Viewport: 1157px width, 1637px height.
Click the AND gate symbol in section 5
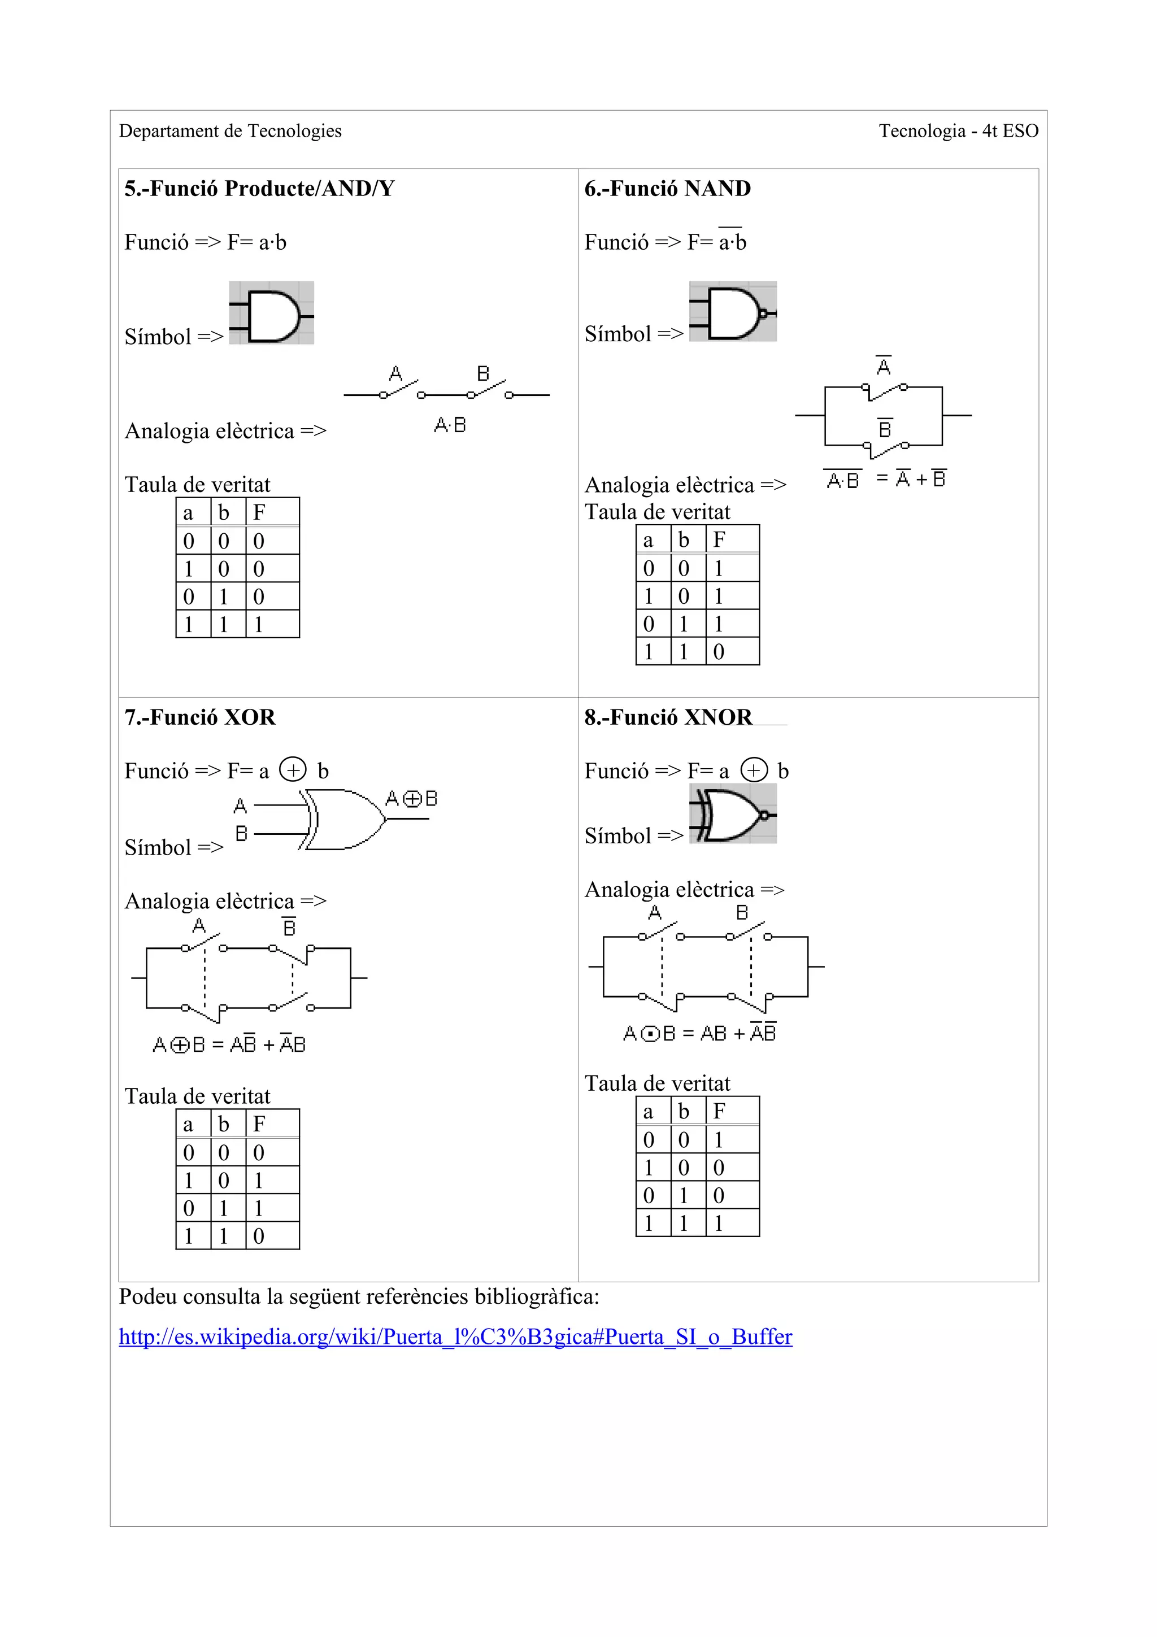click(x=272, y=313)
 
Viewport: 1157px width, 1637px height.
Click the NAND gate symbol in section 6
click(x=733, y=312)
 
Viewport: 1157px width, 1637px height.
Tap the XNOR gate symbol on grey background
click(x=733, y=813)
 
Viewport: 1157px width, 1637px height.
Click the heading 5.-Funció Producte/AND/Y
click(x=259, y=188)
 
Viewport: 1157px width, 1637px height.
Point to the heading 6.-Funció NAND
click(x=667, y=188)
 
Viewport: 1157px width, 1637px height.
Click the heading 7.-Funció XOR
click(x=199, y=717)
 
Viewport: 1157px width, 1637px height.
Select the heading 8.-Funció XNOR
click(x=668, y=717)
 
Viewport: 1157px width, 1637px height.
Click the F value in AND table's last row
click(x=259, y=625)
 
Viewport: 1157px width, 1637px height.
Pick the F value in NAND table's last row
click(x=719, y=652)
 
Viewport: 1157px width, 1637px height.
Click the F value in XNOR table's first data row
click(x=719, y=1139)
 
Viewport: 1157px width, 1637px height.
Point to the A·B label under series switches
click(x=450, y=426)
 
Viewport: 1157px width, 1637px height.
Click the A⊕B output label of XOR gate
click(x=411, y=799)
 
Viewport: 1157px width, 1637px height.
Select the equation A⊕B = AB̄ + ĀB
click(x=229, y=1044)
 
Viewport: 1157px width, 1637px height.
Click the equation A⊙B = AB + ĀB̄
click(x=699, y=1033)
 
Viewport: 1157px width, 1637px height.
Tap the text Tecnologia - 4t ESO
click(x=958, y=131)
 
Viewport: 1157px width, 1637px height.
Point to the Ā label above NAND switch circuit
click(x=883, y=366)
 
